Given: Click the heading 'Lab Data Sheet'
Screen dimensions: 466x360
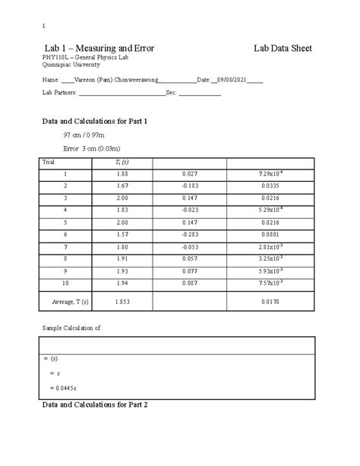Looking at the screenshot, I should [283, 48].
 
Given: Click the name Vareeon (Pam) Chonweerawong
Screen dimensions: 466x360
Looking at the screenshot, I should [116, 80].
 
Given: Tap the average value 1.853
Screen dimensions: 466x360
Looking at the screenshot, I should [122, 302].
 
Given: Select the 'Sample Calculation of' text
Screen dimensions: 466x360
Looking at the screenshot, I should [71, 328].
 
